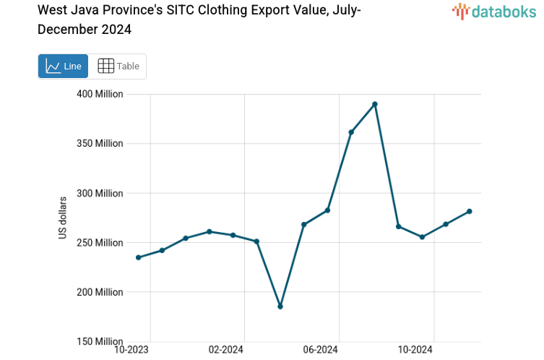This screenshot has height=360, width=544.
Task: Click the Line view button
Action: pos(63,67)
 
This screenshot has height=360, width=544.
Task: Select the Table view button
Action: pos(118,67)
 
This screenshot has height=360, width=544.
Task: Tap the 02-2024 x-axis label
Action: pos(226,350)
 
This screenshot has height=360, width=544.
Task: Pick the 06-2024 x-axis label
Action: pos(320,350)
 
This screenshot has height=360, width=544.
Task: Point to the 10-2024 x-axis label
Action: pos(415,350)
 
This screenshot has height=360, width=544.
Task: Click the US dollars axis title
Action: pos(63,218)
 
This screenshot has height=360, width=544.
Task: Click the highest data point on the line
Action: pos(375,104)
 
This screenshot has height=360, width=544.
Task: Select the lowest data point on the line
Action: pos(280,307)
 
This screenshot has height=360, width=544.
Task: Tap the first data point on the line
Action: pos(138,257)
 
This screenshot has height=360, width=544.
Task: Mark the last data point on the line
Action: pos(470,211)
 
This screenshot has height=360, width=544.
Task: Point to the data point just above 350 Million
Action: pos(351,132)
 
